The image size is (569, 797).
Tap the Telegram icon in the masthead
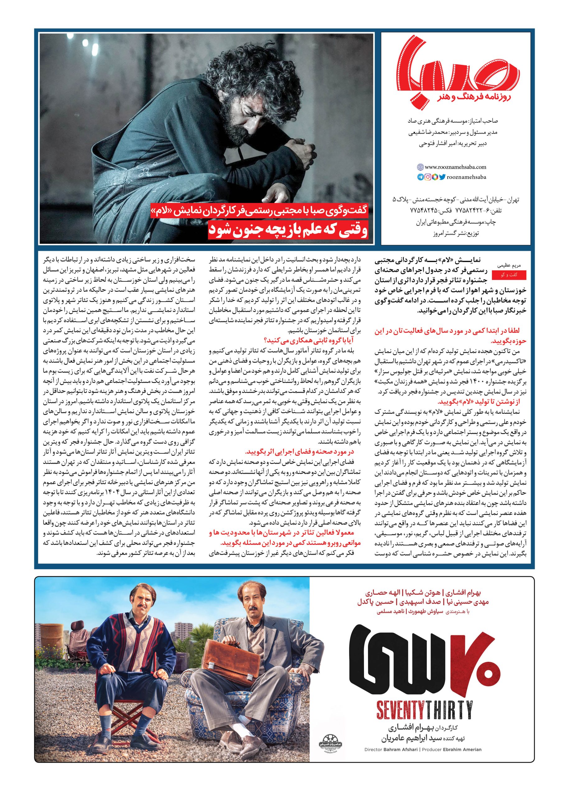pyautogui.click(x=420, y=177)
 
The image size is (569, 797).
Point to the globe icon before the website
pyautogui.click(x=420, y=167)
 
